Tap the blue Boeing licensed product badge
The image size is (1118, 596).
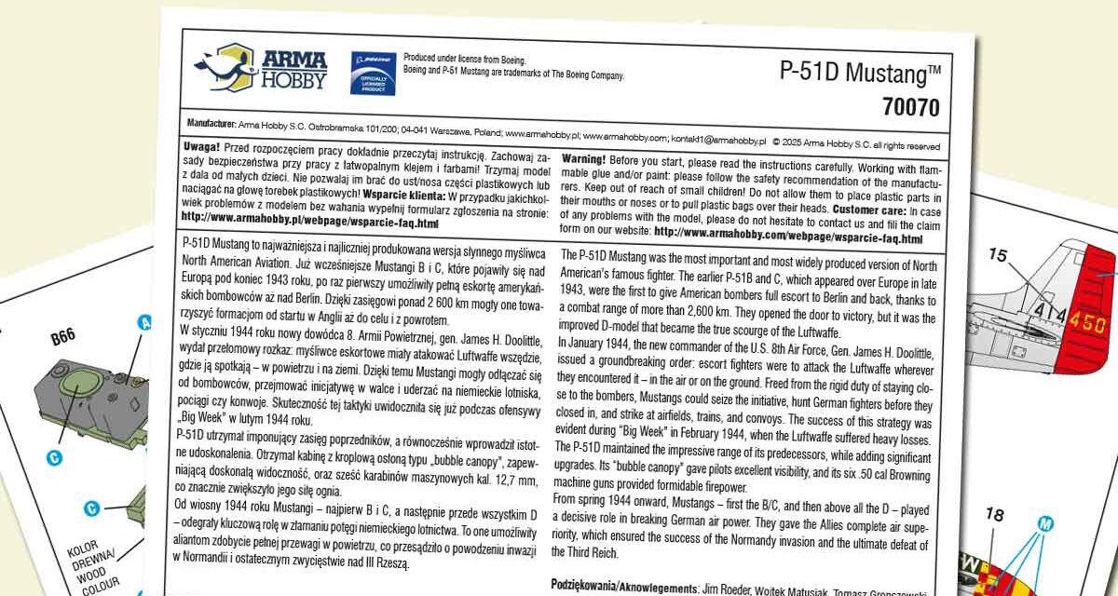[x=373, y=73]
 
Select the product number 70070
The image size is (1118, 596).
[x=910, y=107]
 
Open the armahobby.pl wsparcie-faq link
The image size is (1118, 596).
[x=309, y=224]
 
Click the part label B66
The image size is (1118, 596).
[x=63, y=337]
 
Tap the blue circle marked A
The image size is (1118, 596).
[x=145, y=323]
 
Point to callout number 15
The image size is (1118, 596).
[x=998, y=254]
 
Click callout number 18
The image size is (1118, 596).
[x=994, y=514]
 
